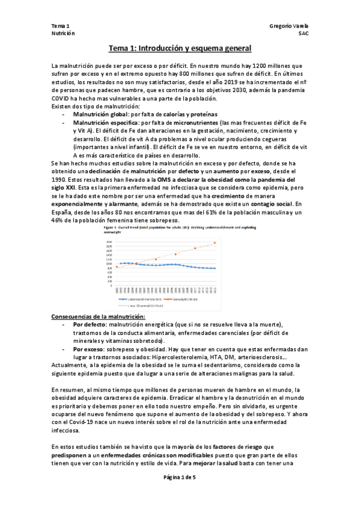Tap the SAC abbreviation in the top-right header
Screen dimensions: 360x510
[x=303, y=34]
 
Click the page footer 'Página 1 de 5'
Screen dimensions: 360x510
[x=180, y=493]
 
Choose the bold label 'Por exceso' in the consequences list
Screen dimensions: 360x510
[x=88, y=349]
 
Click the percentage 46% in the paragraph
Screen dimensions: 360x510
[x=58, y=221]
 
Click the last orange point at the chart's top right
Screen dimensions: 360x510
[x=215, y=243]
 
